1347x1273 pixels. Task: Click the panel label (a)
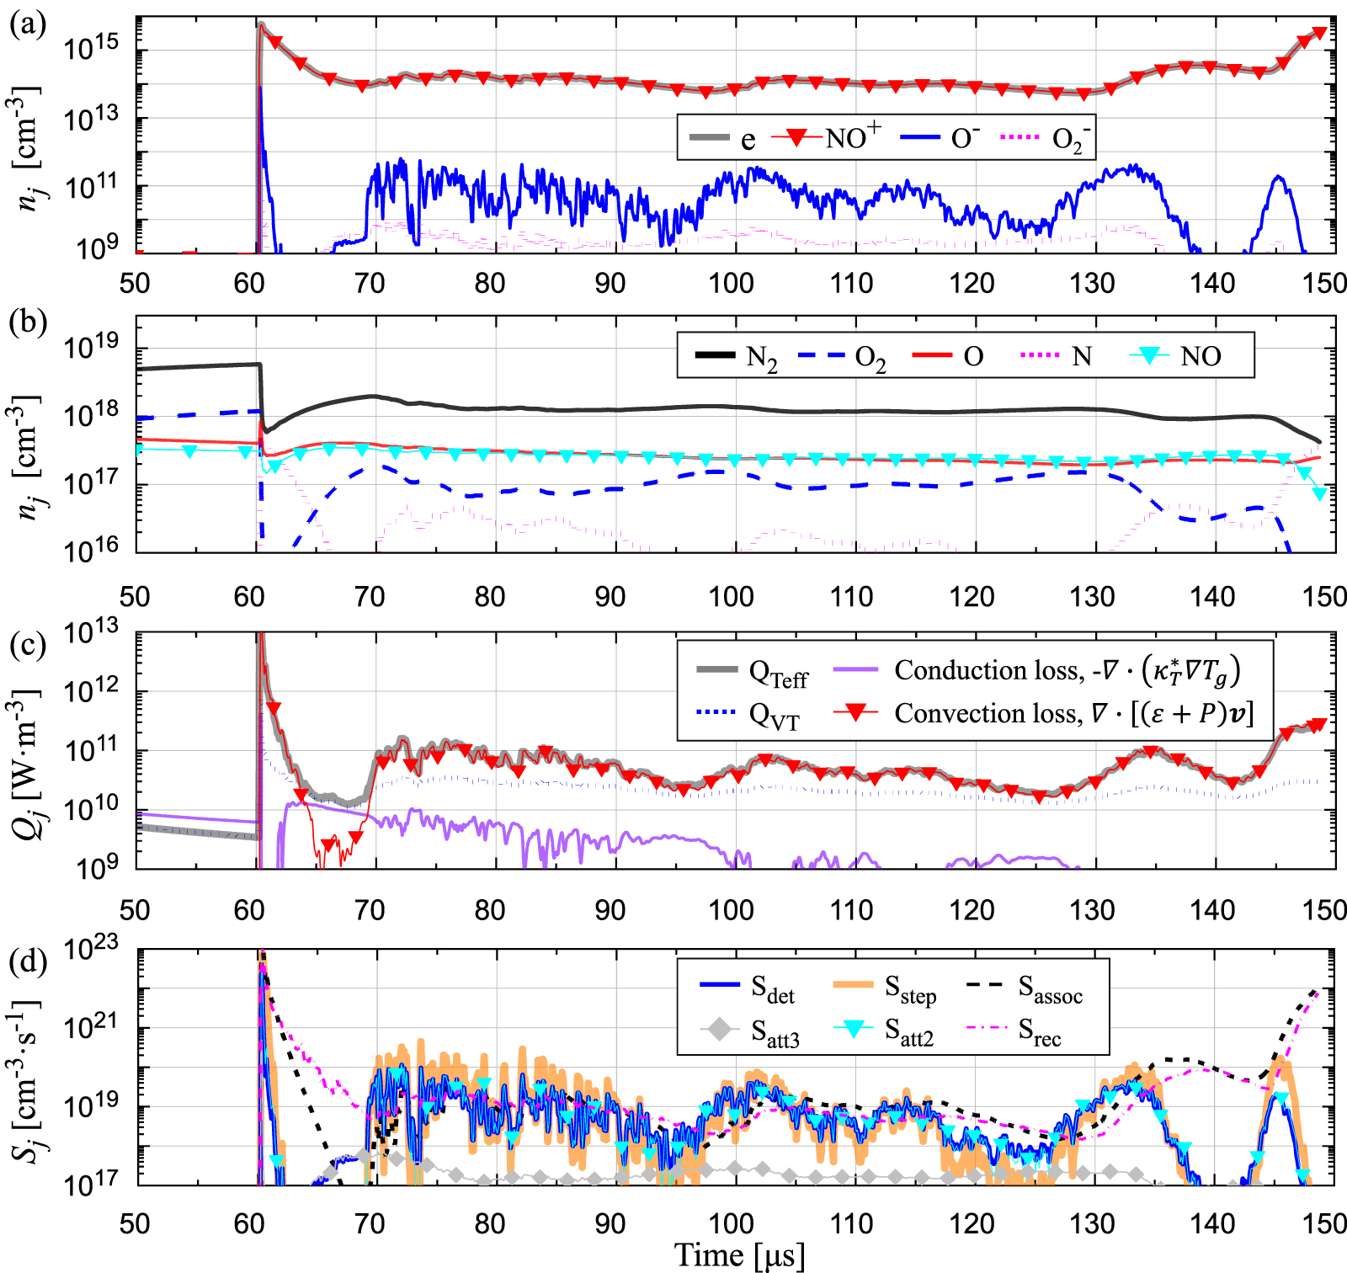[x=24, y=23]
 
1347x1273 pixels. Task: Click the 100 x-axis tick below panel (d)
[x=731, y=1223]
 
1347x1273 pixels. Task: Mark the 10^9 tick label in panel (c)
[x=98, y=867]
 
